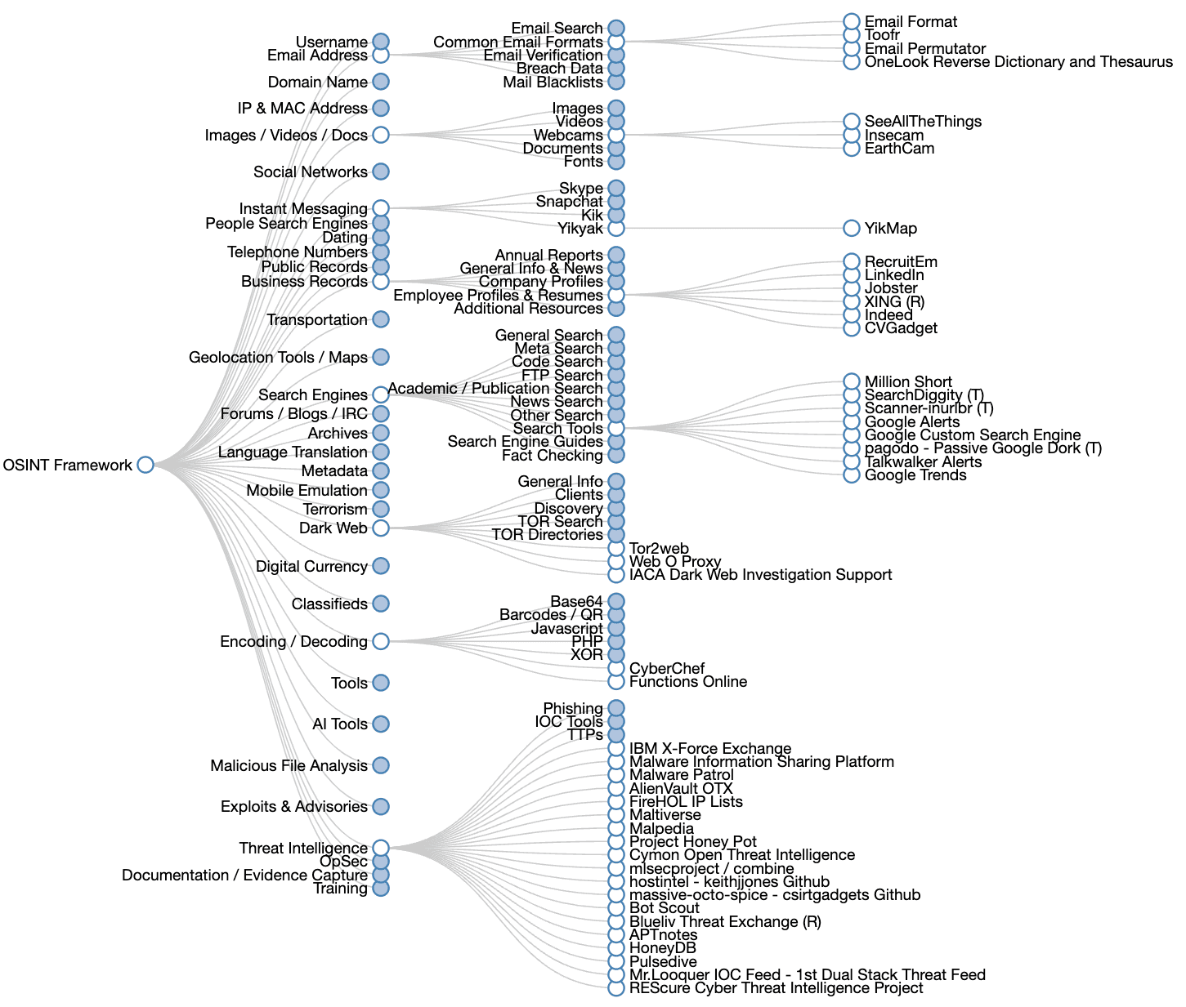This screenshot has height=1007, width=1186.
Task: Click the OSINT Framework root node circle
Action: tap(145, 465)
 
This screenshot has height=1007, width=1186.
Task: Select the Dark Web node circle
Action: tap(381, 528)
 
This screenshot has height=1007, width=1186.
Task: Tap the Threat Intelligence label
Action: tap(303, 848)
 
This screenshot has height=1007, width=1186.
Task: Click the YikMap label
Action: tap(890, 228)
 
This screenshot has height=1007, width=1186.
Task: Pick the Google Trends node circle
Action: tap(852, 475)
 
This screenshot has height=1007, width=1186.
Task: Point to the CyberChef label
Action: tap(666, 668)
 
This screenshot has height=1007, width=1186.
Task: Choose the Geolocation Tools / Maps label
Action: tap(278, 357)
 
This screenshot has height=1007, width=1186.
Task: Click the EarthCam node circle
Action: tap(852, 148)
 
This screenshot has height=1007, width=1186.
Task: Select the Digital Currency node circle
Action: tap(381, 565)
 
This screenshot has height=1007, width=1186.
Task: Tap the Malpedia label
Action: tap(661, 828)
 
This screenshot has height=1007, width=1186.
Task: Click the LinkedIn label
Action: tap(894, 274)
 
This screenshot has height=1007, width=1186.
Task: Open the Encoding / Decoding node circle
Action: tap(381, 641)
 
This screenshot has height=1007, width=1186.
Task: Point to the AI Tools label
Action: tap(339, 724)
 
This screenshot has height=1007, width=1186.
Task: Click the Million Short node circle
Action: tap(852, 381)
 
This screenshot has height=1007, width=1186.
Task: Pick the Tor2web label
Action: tap(659, 548)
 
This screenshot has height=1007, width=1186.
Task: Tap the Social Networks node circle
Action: tap(381, 172)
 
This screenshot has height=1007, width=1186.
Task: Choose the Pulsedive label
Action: tap(663, 961)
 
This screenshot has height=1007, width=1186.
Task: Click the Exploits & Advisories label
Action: tap(293, 806)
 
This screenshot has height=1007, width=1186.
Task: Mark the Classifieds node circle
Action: tap(381, 604)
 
